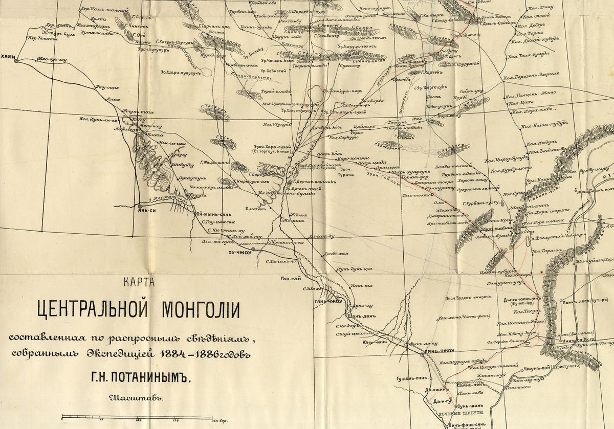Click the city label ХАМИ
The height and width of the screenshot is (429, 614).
pos(9,57)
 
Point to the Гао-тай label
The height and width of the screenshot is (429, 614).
pos(290,279)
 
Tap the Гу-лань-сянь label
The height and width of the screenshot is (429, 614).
pos(411,379)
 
